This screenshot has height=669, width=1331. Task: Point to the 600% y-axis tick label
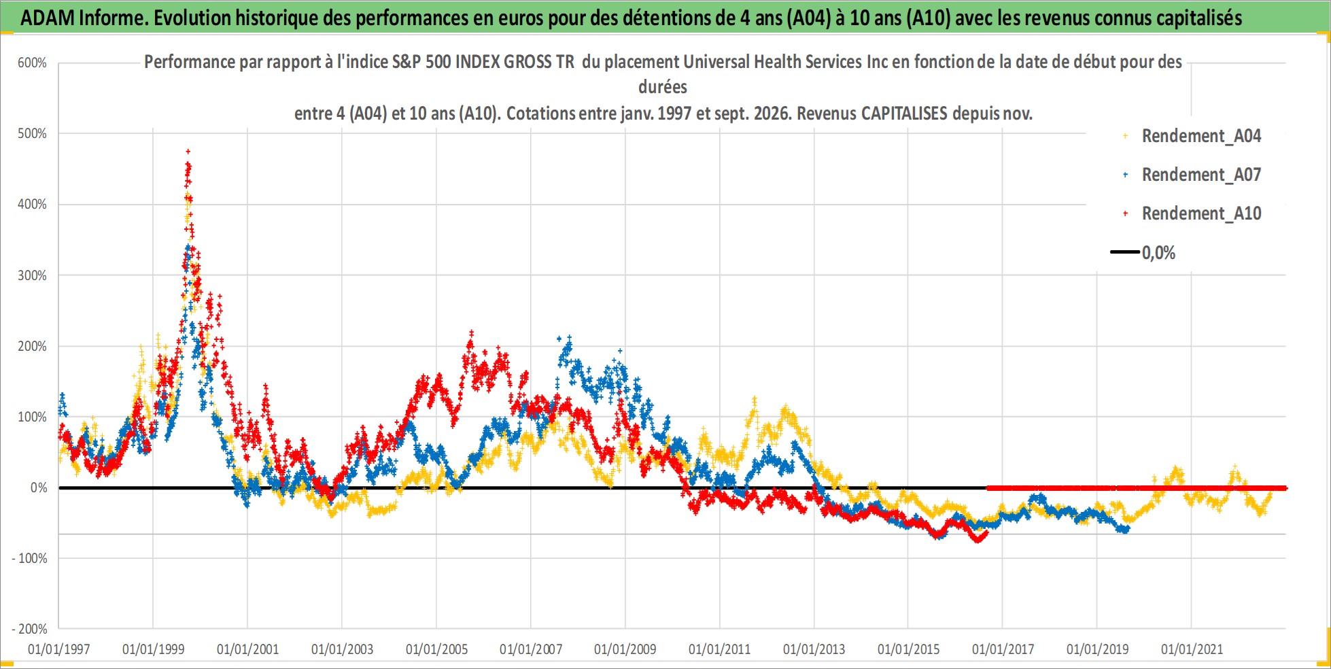[x=32, y=63]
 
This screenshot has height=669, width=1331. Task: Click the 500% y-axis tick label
[x=32, y=133]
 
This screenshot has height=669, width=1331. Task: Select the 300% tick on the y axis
[x=32, y=275]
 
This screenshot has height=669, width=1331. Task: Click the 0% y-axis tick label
[x=39, y=487]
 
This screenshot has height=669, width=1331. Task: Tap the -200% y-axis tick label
[x=29, y=629]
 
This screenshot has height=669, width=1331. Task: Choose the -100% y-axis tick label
[x=29, y=558]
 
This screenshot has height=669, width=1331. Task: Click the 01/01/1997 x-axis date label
[x=59, y=649]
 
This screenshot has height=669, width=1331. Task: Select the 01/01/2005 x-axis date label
[x=436, y=649]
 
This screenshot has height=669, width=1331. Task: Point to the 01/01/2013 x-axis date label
[x=814, y=649]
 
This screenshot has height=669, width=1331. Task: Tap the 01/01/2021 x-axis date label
[x=1192, y=649]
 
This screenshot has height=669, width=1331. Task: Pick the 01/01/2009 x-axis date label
[x=625, y=649]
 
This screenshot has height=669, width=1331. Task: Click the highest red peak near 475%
[x=188, y=152]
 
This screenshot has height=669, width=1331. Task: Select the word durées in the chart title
[x=663, y=87]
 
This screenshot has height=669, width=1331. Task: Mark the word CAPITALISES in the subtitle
[x=904, y=113]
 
